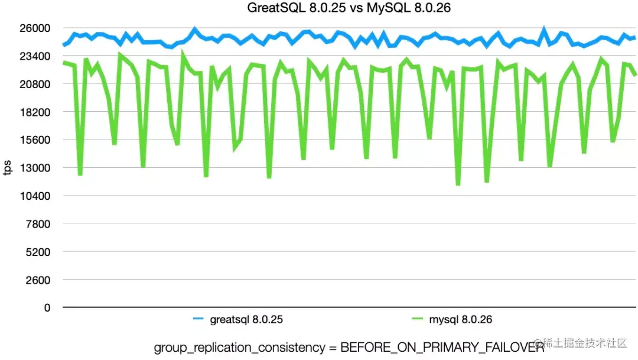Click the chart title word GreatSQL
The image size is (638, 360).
coord(275,8)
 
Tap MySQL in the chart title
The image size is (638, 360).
coord(369,8)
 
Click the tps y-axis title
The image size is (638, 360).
coord(8,168)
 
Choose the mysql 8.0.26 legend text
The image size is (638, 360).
coord(460,320)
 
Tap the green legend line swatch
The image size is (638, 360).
coord(416,320)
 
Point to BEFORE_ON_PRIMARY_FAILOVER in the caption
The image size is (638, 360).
coord(442,348)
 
